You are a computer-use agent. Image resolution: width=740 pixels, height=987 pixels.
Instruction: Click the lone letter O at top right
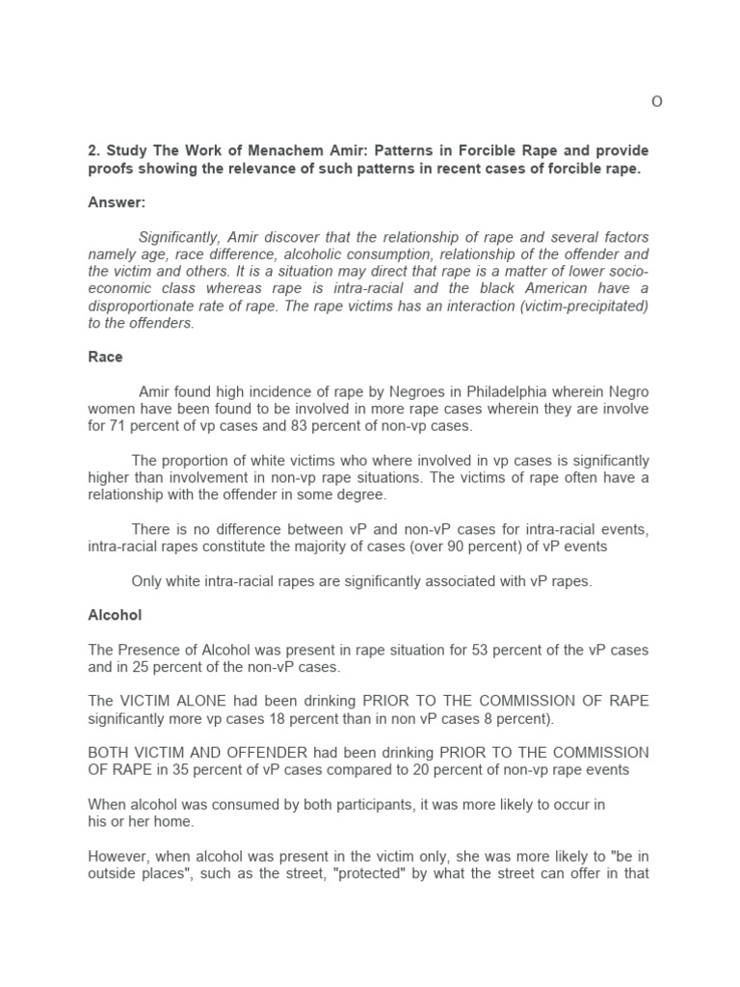[x=657, y=103]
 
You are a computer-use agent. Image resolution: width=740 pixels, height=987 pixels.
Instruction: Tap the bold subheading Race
[x=105, y=357]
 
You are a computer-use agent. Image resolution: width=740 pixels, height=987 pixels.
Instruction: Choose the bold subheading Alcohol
[x=115, y=614]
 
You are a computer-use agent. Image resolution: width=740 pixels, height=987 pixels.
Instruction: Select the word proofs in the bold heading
[x=111, y=169]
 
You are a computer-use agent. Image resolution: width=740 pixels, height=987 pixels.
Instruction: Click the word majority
[x=334, y=547]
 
